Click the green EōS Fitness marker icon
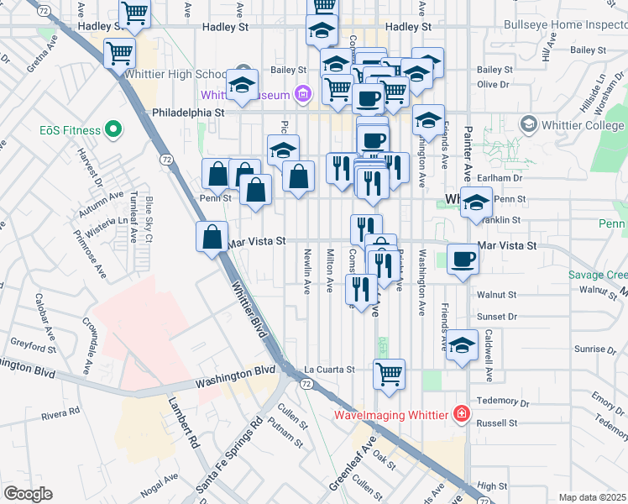point(114,130)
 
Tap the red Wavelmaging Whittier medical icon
point(460,414)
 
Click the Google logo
point(29,494)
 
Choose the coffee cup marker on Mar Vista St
point(462,259)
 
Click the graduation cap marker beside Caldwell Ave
point(462,345)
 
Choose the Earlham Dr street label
point(503,179)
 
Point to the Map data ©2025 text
point(592,497)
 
